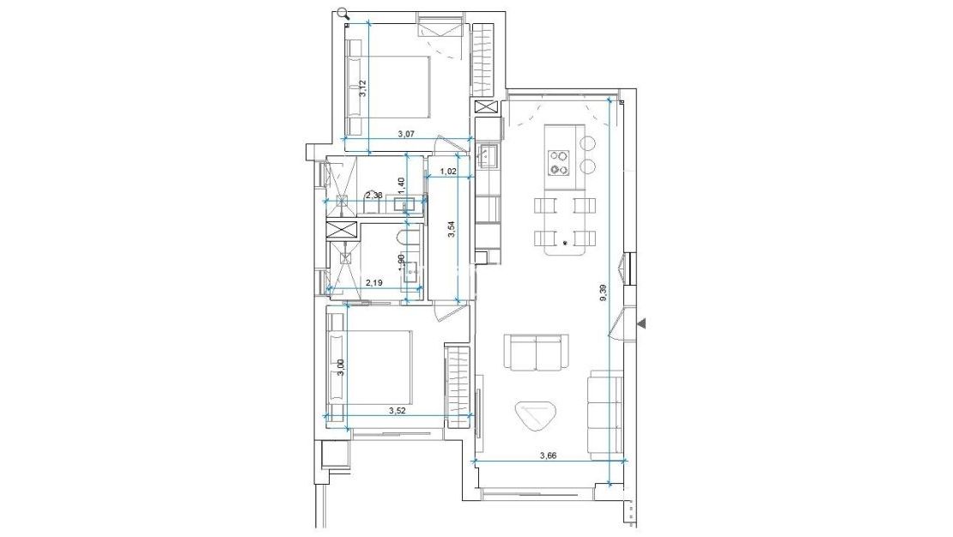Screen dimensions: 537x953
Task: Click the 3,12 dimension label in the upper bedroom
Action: click(x=363, y=88)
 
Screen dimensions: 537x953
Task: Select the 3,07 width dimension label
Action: click(x=406, y=134)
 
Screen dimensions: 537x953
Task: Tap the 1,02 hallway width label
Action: click(x=447, y=171)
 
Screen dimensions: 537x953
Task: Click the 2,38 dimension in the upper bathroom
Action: click(x=373, y=196)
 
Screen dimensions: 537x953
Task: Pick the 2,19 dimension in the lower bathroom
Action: click(x=373, y=282)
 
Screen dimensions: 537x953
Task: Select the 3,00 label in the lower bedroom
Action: click(x=341, y=366)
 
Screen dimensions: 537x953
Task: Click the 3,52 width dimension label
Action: click(x=397, y=411)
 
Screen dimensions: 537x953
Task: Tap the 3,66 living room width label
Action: click(x=547, y=456)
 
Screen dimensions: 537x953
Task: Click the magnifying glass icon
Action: click(x=343, y=13)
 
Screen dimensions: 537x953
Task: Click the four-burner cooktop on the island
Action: click(x=560, y=162)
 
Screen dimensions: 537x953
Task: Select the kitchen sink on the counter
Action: click(x=488, y=156)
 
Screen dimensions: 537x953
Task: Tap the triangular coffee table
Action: click(x=535, y=418)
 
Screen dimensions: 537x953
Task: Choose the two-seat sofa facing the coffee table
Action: click(x=537, y=353)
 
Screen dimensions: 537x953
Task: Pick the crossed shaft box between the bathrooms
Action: click(x=341, y=230)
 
